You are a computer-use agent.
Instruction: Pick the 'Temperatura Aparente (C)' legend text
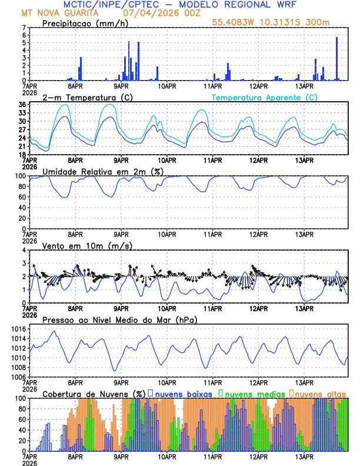point(264,96)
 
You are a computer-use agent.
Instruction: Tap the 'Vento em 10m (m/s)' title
point(86,245)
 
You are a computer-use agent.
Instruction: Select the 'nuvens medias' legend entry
point(252,393)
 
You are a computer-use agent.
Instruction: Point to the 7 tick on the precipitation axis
point(24,28)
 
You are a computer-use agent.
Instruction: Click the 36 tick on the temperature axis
point(22,105)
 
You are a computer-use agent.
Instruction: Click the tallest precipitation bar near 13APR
point(336,58)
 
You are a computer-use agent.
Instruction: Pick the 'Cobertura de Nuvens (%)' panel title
point(94,393)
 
